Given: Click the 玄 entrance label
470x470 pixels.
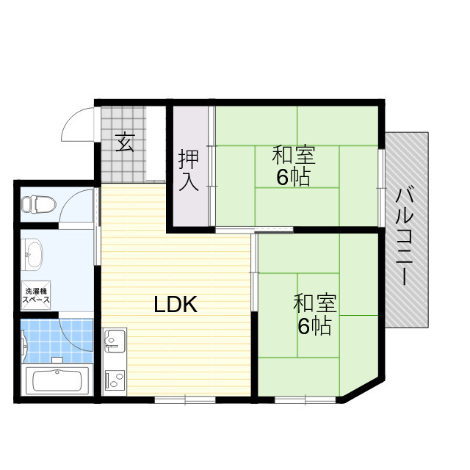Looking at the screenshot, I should click(126, 141).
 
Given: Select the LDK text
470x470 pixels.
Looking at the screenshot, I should click(176, 304).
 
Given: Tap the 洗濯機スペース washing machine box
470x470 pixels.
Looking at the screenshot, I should click(35, 295).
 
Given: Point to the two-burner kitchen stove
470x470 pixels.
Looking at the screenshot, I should click(115, 379).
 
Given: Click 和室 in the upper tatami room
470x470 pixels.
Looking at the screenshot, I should click(294, 156).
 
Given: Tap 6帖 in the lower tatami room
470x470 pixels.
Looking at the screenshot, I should click(314, 325).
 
